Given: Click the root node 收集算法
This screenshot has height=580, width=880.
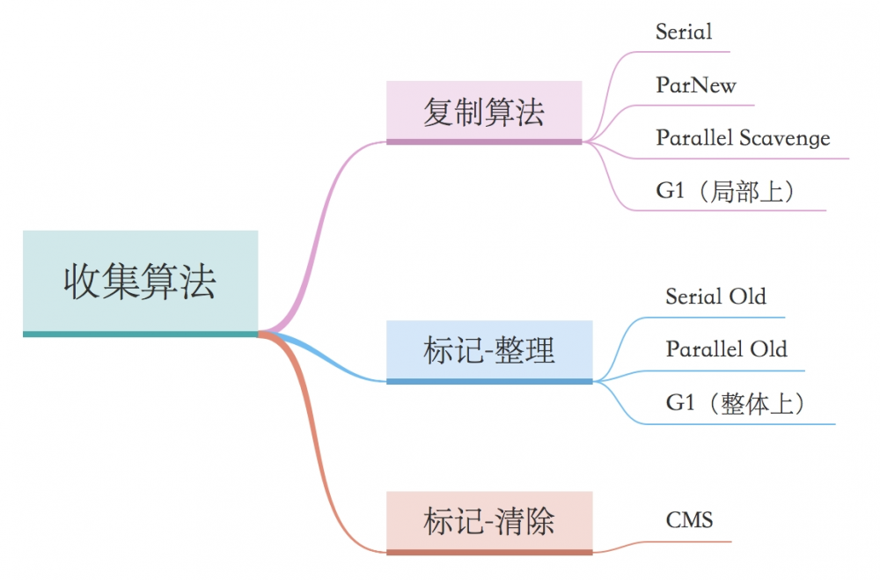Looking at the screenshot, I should click(x=140, y=282).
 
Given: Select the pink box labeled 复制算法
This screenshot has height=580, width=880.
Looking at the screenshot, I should click(x=484, y=112).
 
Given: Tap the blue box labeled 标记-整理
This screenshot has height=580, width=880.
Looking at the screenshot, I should click(x=489, y=350).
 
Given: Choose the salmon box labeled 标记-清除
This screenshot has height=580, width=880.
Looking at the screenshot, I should click(x=489, y=521).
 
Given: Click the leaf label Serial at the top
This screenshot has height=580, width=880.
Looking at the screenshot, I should click(x=684, y=33).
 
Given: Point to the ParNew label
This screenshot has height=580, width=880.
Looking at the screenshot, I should click(x=695, y=85).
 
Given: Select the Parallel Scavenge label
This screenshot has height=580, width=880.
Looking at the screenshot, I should click(x=743, y=138).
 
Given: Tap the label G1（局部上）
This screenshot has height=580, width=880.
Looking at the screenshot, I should click(x=727, y=191).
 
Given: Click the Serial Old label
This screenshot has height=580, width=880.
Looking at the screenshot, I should click(x=715, y=297).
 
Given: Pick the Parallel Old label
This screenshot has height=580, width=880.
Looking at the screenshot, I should click(x=726, y=349).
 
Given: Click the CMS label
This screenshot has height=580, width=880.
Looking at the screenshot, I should click(x=689, y=520).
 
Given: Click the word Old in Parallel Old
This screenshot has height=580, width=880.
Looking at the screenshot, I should click(x=767, y=349).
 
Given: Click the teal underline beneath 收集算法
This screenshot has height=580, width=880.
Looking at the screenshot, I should click(x=140, y=334).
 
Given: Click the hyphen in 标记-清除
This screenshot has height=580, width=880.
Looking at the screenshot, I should click(x=489, y=522).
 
